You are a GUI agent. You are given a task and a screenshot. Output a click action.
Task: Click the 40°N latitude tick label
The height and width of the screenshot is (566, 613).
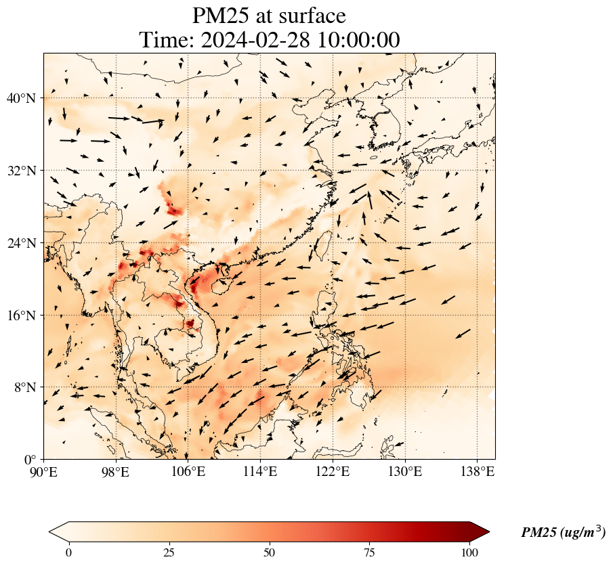(x=25, y=99)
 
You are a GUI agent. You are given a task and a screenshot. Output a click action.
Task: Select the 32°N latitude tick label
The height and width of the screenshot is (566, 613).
(x=25, y=171)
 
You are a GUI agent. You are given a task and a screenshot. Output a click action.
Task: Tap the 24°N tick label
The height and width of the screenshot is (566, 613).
(x=25, y=243)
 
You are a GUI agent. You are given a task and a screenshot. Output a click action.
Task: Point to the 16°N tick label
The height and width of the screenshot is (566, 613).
(x=25, y=315)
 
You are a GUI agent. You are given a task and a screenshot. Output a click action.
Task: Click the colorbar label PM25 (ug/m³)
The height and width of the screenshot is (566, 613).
(x=563, y=533)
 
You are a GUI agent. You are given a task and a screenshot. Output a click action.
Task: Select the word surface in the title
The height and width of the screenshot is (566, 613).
(x=308, y=16)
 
